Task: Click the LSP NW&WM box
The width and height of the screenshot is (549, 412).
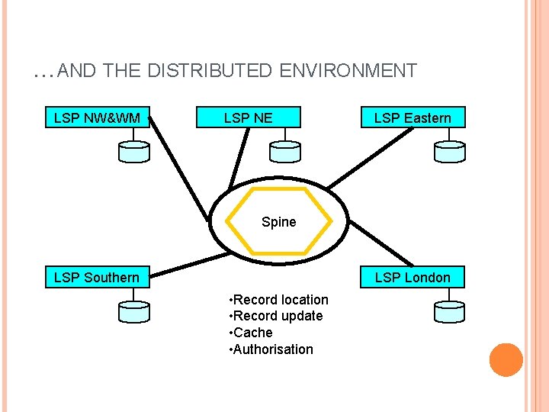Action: [97, 117]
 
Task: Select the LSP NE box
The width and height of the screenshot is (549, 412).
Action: [248, 117]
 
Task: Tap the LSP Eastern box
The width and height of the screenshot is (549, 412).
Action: [413, 117]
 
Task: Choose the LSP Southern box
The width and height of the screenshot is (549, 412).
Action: [97, 277]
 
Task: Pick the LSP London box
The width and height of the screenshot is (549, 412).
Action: [413, 277]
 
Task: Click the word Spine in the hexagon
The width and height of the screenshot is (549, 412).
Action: [278, 222]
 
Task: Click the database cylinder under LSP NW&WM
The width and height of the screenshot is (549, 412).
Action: [134, 152]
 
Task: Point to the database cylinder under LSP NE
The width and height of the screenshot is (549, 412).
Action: [285, 152]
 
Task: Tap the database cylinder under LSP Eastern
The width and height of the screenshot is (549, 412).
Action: [449, 152]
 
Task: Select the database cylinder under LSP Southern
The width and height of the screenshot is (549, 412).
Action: [134, 311]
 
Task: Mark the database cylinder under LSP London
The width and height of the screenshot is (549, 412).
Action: [449, 311]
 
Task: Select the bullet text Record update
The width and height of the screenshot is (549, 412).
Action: [278, 316]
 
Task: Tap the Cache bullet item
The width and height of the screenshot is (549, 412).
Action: [252, 333]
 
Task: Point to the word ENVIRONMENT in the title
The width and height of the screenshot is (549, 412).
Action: [348, 72]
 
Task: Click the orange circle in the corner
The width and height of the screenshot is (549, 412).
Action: [506, 360]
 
